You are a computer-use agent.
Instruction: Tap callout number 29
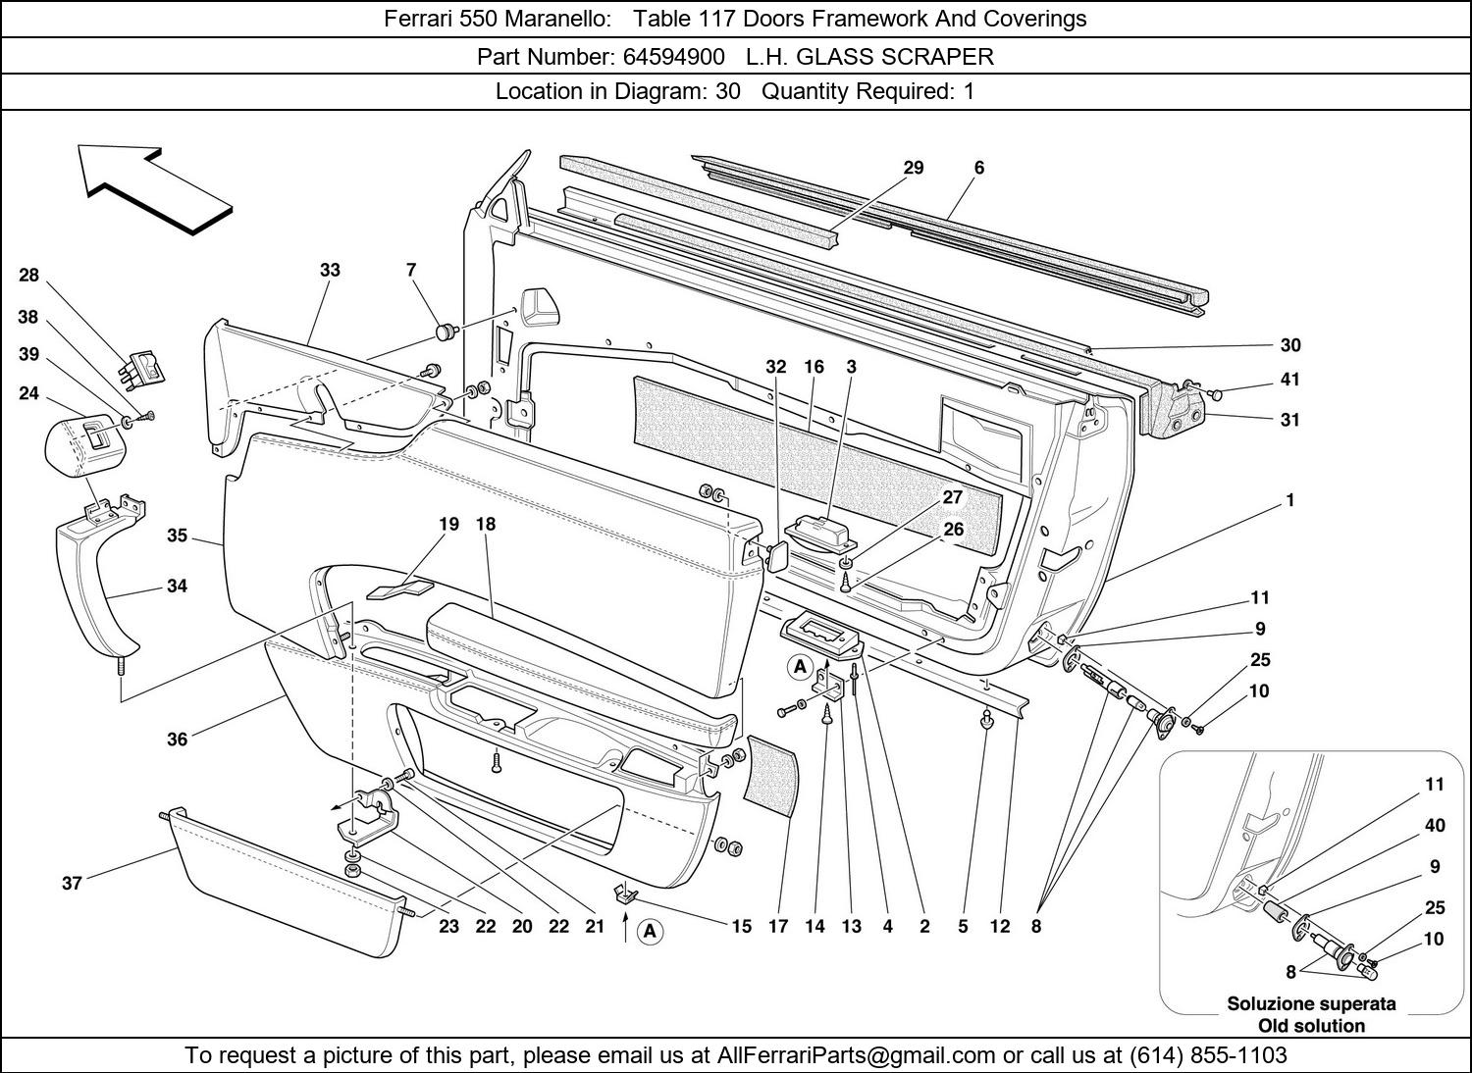[x=913, y=168]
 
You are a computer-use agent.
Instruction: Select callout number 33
[x=330, y=270]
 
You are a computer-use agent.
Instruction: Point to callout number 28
[x=28, y=276]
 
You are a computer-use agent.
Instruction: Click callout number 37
[x=72, y=883]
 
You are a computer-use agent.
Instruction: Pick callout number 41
[x=1289, y=381]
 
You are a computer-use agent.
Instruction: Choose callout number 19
[x=448, y=524]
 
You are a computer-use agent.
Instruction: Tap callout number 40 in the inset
[x=1434, y=825]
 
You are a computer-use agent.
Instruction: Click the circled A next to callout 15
[x=650, y=932]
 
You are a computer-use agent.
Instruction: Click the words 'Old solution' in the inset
[x=1311, y=1026]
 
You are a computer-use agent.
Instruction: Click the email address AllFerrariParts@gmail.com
[x=856, y=1055]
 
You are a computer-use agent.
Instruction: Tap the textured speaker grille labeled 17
[x=769, y=771]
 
